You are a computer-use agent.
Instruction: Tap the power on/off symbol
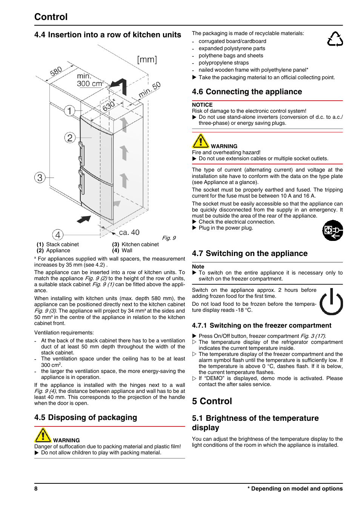tap(331, 302)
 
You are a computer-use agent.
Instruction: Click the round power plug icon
tap(332, 230)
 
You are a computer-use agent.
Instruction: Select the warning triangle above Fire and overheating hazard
tap(200, 141)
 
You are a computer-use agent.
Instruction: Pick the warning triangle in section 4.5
tap(43, 435)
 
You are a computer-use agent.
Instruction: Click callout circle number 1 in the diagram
tap(69, 111)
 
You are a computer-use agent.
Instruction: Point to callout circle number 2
tap(70, 138)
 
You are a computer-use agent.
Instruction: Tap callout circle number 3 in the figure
tap(40, 178)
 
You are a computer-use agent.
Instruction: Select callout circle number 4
tap(58, 235)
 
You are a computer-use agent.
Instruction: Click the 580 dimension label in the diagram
tap(56, 71)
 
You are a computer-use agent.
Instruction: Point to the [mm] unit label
tap(147, 60)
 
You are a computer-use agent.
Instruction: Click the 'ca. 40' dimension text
tap(129, 233)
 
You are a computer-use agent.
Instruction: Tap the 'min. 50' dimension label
tap(149, 90)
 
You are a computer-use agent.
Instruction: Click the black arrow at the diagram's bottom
tap(84, 219)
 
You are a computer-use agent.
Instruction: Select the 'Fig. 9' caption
tap(169, 238)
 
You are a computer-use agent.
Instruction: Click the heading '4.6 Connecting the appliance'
tap(247, 92)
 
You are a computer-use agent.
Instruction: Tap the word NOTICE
tap(202, 105)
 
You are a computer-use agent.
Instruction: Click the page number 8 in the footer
tap(36, 489)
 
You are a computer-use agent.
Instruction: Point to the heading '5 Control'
tap(212, 401)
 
